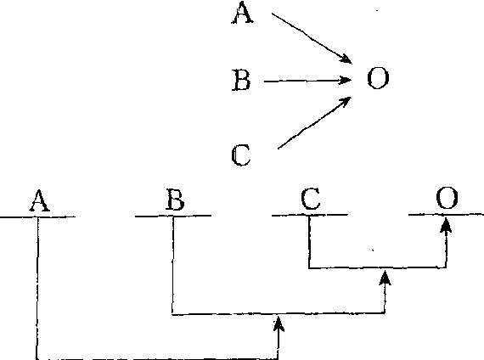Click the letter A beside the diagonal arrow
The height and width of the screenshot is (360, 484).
click(243, 13)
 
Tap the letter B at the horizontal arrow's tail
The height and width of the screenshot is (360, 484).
click(241, 80)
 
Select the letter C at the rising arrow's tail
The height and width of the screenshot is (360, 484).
click(241, 155)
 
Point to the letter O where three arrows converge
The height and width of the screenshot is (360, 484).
click(378, 78)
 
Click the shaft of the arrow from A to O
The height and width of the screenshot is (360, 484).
click(312, 38)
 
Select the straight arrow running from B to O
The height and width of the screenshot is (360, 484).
click(307, 81)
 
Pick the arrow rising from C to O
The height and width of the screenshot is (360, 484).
click(314, 123)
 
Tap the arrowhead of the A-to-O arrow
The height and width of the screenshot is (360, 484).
click(346, 59)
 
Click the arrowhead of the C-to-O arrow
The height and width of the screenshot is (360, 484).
click(346, 102)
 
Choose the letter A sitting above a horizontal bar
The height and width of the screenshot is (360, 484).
click(40, 200)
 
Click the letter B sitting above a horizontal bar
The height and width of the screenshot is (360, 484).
click(175, 200)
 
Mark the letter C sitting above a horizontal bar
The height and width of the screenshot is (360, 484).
click(311, 199)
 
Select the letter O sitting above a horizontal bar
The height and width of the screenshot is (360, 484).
click(447, 198)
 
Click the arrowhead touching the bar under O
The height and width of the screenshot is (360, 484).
click(446, 225)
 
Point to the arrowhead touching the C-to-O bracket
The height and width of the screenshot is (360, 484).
click(385, 278)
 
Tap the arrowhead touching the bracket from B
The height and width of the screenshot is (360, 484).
click(279, 323)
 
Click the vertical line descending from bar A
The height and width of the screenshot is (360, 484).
click(37, 288)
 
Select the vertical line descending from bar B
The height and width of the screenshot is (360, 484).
click(172, 265)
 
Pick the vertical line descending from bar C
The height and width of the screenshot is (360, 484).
click(309, 242)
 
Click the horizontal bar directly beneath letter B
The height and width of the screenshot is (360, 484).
click(173, 216)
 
